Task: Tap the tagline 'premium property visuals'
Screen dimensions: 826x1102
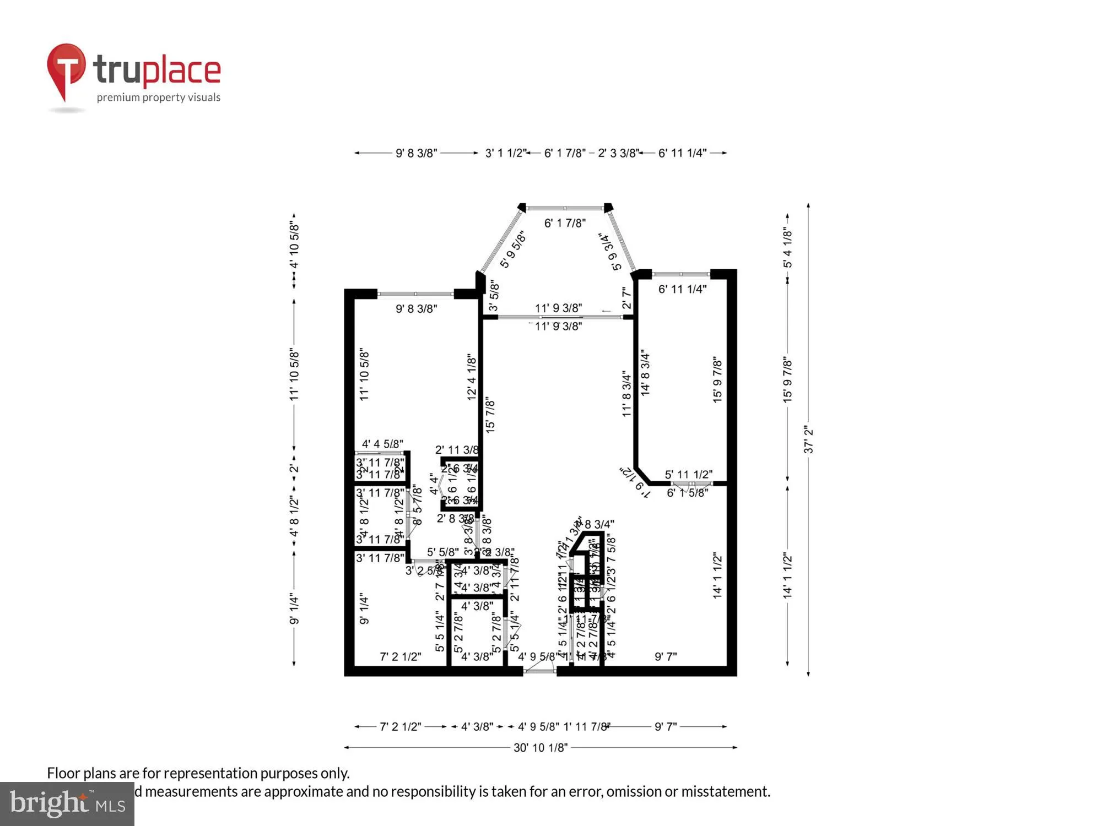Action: coord(159,97)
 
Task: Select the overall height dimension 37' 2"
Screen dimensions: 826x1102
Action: coord(808,439)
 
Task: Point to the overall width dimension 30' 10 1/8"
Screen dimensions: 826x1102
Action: coord(540,747)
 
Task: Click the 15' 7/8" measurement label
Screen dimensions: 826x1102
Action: coord(490,415)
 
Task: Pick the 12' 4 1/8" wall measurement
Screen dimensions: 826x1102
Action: coord(472,377)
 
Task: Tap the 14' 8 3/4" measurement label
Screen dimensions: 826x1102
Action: coord(646,372)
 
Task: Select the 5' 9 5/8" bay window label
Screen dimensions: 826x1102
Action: coord(513,249)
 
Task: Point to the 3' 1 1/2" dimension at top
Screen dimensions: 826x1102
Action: coord(505,153)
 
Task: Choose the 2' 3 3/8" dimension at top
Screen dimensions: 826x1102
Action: coord(618,153)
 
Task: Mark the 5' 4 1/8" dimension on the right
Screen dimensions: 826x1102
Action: coord(788,248)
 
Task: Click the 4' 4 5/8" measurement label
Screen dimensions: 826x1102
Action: coord(382,444)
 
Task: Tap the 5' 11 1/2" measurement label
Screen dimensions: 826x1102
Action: coord(688,475)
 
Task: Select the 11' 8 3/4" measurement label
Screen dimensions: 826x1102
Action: coord(626,393)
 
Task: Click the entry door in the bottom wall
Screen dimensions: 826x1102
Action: coord(539,670)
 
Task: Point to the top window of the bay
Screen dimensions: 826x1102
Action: coord(565,209)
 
